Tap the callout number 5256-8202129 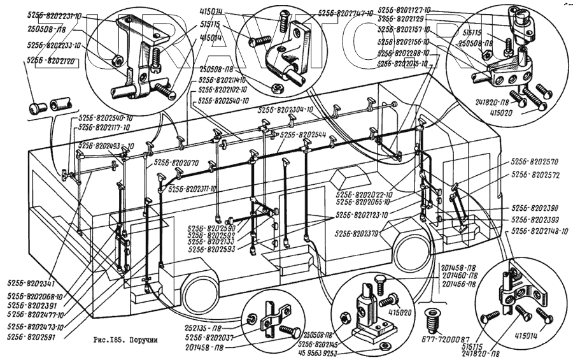(x=404, y=19)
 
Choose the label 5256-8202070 (x=176, y=163)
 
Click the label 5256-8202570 (x=535, y=162)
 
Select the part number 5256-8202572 (x=535, y=174)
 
